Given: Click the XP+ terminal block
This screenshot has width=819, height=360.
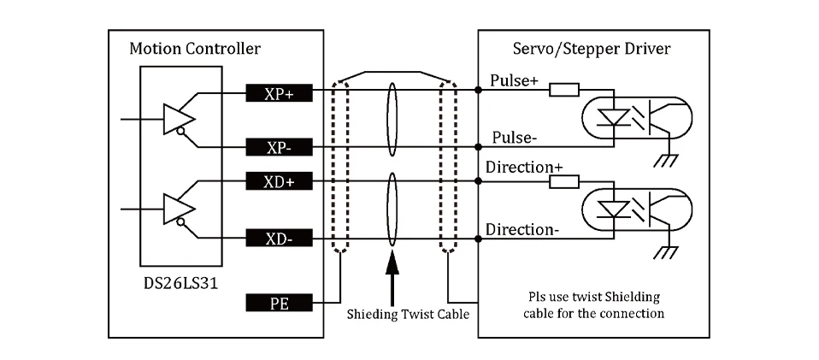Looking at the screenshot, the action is (x=280, y=92).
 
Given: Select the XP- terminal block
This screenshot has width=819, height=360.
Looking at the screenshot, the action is (x=280, y=147).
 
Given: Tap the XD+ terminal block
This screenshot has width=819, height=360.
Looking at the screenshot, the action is (x=280, y=180).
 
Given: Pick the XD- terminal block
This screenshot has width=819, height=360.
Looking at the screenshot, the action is (x=280, y=239).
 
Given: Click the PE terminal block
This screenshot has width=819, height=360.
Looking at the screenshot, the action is (x=280, y=303).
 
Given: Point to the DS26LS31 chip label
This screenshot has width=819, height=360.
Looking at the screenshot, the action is (x=180, y=284).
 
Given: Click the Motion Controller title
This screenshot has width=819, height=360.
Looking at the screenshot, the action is (x=195, y=49).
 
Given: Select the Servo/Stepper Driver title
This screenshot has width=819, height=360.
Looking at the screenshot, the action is (x=592, y=49).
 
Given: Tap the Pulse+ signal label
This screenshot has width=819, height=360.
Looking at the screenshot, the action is (x=514, y=80).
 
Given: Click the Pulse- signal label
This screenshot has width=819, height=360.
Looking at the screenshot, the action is (x=515, y=138).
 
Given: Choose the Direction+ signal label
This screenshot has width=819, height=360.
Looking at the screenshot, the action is (x=524, y=168).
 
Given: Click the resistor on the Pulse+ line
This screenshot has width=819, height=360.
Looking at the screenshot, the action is (x=564, y=90).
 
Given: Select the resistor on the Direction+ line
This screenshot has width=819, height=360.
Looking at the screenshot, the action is (x=564, y=181).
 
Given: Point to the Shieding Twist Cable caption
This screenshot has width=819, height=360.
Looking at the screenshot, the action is (x=408, y=314).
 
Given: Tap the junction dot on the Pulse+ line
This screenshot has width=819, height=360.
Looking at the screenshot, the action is (x=478, y=90).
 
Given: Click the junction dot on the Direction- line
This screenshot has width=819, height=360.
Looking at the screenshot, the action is (x=478, y=239).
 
